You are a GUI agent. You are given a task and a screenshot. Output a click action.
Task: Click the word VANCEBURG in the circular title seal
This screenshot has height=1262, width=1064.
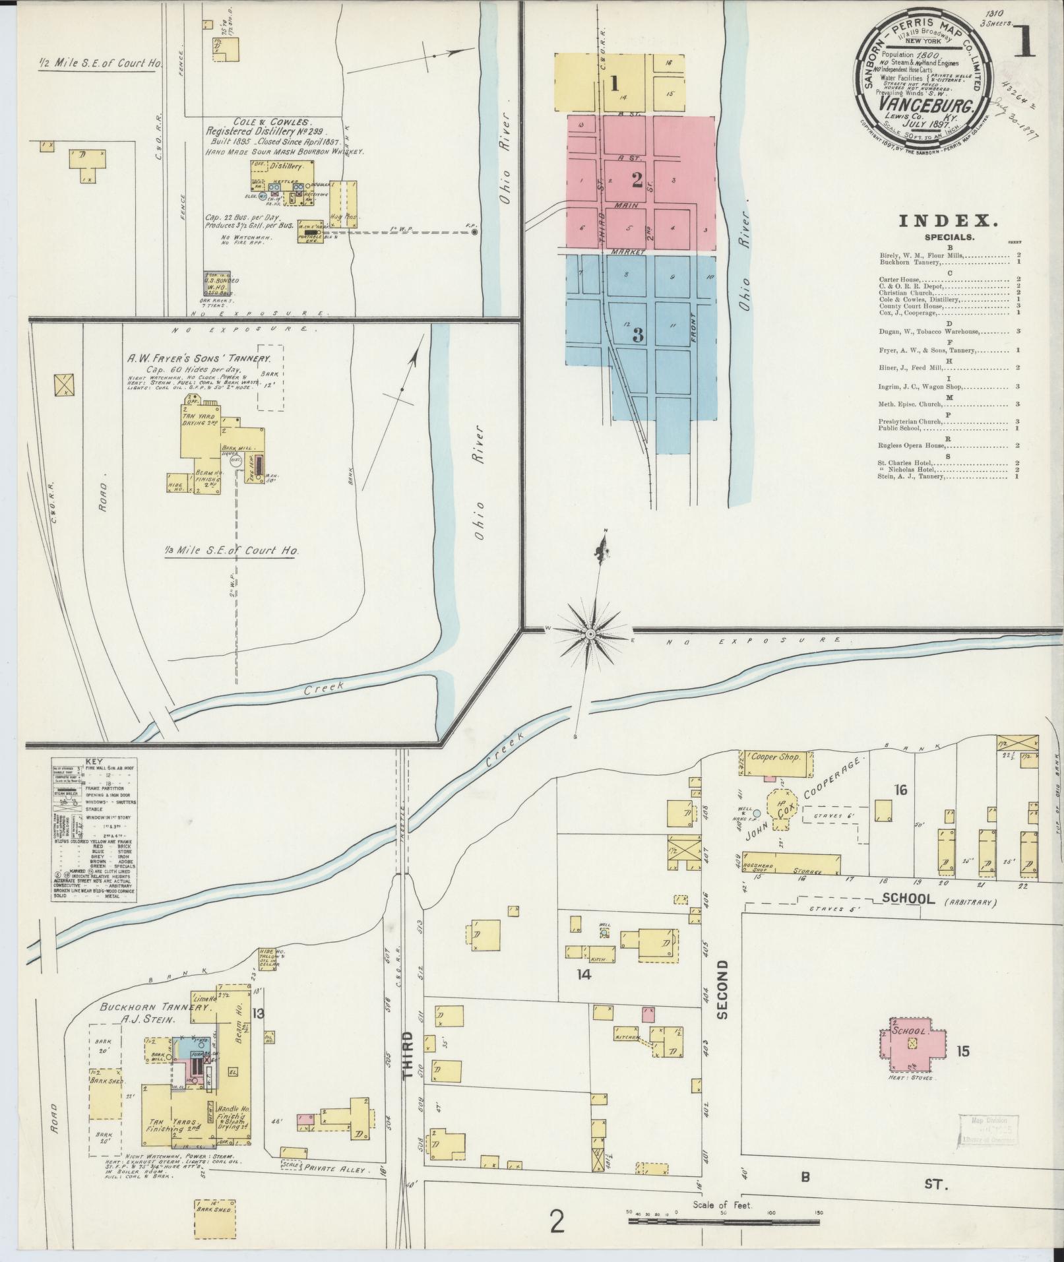click(x=923, y=106)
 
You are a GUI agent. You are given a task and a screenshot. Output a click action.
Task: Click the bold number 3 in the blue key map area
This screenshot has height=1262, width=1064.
click(x=637, y=335)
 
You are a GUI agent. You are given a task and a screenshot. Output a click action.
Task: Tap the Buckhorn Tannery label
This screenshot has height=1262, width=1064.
click(x=156, y=1008)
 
